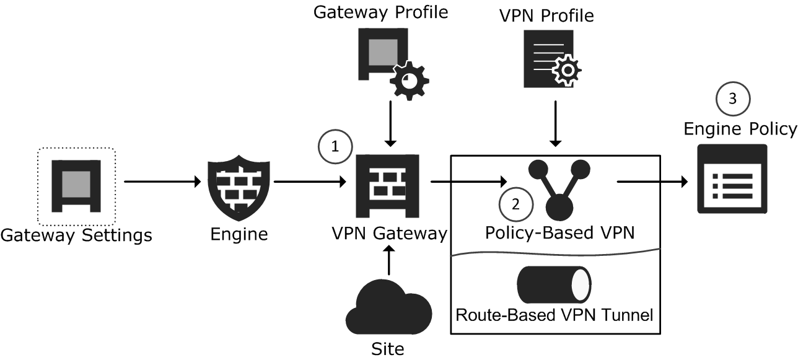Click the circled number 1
335,147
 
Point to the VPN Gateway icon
388,183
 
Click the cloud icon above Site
388,308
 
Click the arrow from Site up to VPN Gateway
388,261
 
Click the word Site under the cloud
388,349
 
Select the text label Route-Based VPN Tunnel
554,314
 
